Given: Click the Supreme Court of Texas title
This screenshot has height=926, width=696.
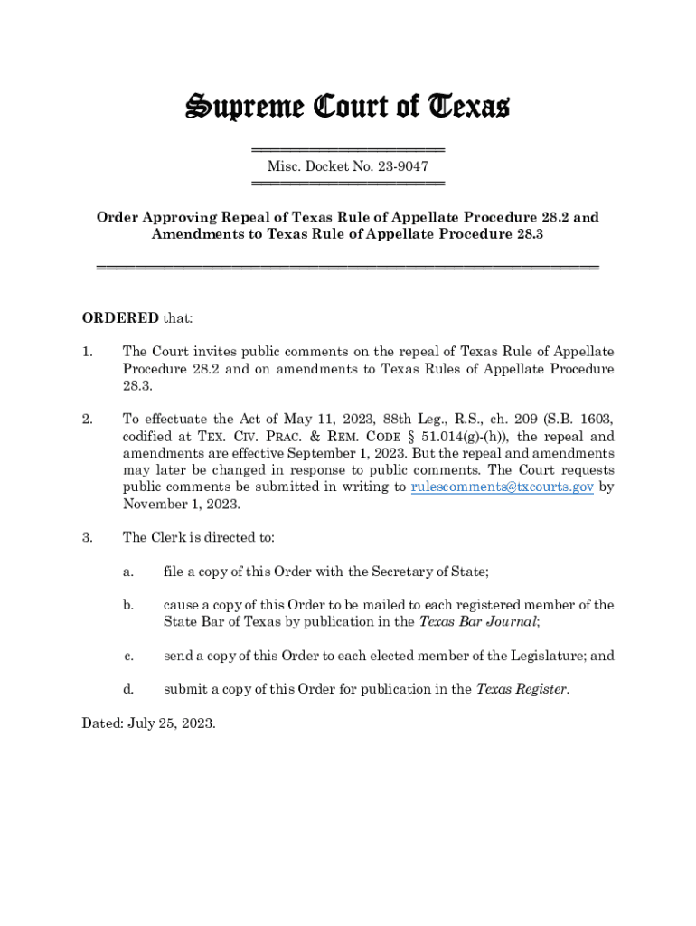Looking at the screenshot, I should pos(347,108).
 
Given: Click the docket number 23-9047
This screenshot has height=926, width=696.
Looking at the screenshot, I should pos(404,166).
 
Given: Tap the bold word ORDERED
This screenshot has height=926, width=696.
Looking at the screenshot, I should pos(120,318).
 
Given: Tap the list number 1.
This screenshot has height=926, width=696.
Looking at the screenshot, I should pos(87,352).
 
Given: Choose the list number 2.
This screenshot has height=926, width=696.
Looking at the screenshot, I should pos(87,419).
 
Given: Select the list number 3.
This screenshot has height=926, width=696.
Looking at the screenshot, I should pos(87,537).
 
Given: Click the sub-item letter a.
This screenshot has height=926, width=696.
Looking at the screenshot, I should pos(128,571).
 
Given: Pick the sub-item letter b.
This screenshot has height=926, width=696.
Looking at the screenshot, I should pos(128,605).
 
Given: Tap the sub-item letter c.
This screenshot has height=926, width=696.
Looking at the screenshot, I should pos(128,656).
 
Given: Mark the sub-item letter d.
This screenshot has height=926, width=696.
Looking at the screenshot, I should pos(128,689).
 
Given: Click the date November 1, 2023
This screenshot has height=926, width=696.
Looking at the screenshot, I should pos(181,504).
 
